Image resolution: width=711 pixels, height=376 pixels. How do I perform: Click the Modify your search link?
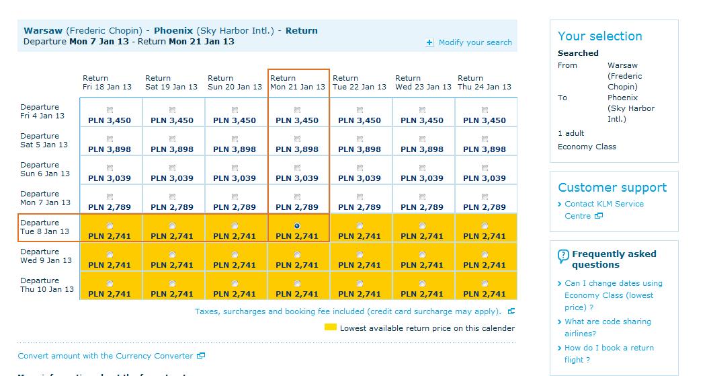coord(474,42)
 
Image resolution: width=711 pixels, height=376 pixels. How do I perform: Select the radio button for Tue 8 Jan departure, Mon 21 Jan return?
coord(297,226)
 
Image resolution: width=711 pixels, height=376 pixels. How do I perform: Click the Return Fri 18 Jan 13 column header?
coord(107,82)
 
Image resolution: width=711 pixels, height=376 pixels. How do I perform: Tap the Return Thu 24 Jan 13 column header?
coord(485,82)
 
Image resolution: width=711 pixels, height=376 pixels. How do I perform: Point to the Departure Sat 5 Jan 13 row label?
coord(44,141)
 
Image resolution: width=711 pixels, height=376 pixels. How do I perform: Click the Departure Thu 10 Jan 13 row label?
coord(46,285)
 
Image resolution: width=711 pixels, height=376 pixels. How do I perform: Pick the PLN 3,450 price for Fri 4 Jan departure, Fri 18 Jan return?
coord(110,120)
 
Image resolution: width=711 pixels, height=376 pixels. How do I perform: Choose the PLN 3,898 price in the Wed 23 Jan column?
coord(422,149)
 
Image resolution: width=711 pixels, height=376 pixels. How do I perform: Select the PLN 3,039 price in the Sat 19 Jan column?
coord(172,178)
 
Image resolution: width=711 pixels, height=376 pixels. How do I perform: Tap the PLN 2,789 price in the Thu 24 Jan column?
coord(485,207)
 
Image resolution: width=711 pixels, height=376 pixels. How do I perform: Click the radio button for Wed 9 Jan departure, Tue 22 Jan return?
coord(360,255)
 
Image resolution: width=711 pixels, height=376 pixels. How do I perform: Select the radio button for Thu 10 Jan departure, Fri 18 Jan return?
coord(110,283)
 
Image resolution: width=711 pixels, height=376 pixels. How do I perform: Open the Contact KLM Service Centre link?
coord(604,210)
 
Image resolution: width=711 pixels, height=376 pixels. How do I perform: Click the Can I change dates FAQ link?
coord(613,295)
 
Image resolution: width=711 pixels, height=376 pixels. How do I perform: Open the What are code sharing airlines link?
coord(608,328)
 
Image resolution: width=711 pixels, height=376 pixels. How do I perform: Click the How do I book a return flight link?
coord(609,354)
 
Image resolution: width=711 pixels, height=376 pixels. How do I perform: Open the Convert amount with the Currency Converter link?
coord(106,356)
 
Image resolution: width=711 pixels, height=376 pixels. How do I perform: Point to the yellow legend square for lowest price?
coord(331,328)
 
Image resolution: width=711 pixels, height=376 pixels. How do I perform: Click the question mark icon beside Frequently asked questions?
coord(563,256)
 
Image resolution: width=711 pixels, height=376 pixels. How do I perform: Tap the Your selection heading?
coord(600,36)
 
